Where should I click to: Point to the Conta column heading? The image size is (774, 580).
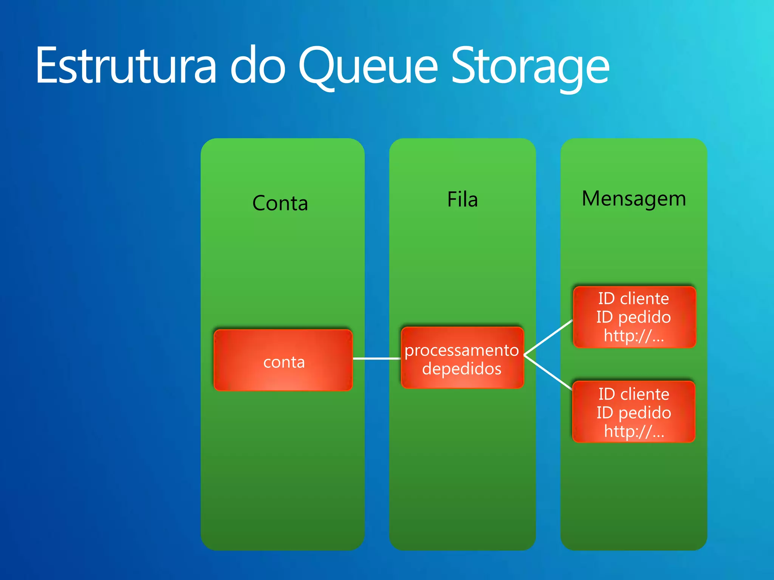(280, 203)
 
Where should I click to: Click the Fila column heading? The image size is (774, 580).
(462, 199)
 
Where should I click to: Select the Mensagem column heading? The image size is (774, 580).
(634, 199)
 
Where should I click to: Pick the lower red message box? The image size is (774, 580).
(634, 412)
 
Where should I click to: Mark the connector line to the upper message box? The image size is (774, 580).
(548, 338)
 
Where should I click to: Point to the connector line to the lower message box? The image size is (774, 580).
(548, 372)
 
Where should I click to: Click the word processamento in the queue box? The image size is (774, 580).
(461, 350)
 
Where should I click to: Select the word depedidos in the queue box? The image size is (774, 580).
(461, 369)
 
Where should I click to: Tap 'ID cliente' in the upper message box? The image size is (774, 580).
(633, 299)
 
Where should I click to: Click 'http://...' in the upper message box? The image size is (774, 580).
(633, 335)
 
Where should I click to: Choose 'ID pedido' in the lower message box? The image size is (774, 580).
(634, 412)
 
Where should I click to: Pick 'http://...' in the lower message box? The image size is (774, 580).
(634, 431)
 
